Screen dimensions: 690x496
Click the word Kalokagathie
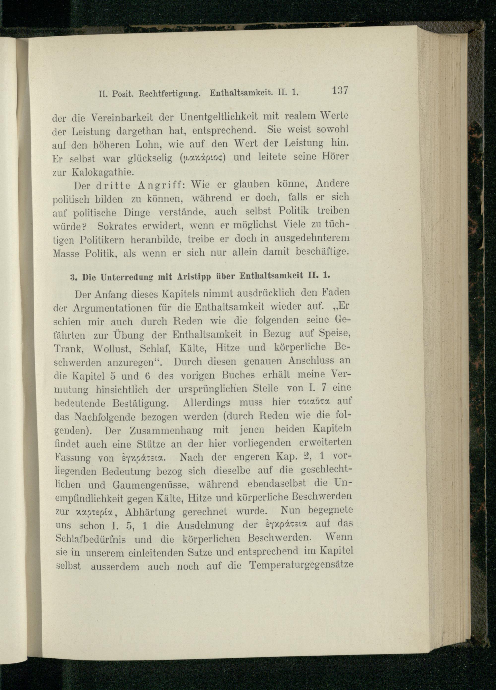click(x=103, y=173)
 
